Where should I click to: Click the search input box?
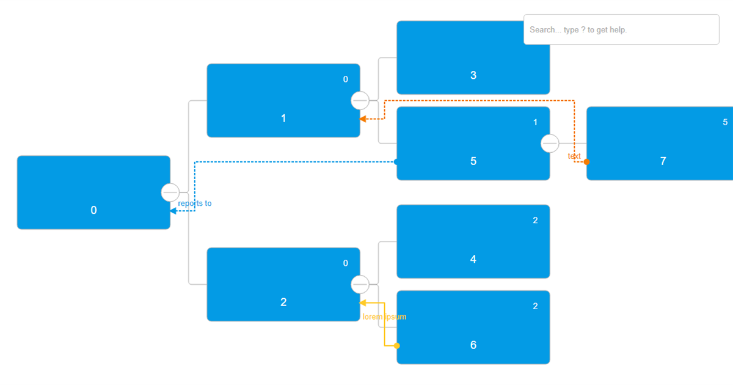tap(621, 29)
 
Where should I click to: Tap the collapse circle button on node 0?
tap(170, 193)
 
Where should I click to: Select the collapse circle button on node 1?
tap(360, 100)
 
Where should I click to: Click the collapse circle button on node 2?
tap(360, 285)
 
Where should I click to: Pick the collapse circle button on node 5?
tap(550, 143)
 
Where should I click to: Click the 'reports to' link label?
tap(195, 204)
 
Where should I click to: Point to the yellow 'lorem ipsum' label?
tap(384, 317)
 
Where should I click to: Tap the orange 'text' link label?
tap(574, 156)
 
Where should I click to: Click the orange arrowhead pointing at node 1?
tap(363, 119)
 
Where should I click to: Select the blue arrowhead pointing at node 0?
tap(173, 211)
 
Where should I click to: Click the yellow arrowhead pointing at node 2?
tap(363, 303)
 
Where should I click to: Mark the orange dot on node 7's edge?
tap(587, 162)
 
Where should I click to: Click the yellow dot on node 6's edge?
tap(397, 346)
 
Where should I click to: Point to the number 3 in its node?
tap(473, 76)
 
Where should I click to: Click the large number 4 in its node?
tap(473, 259)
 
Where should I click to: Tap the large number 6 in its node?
tap(473, 345)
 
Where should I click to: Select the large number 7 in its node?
tap(663, 161)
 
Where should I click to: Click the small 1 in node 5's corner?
tap(536, 122)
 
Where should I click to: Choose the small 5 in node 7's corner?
tap(725, 122)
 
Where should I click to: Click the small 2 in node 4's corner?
tap(536, 221)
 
